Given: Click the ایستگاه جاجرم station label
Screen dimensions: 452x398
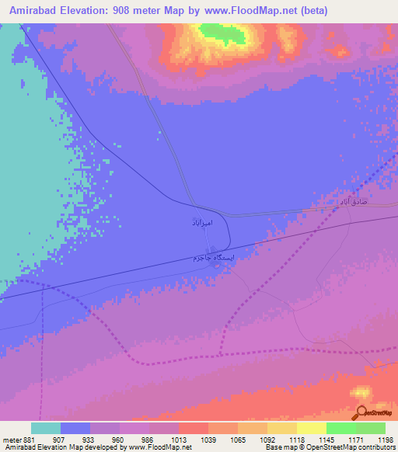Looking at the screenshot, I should [x=209, y=256].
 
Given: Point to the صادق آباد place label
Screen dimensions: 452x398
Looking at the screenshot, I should [x=351, y=201].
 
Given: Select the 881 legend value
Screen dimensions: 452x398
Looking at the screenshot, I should [x=28, y=439].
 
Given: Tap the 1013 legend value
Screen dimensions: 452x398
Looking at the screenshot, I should [x=180, y=439].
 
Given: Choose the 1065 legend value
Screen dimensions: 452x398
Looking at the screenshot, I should [x=239, y=439].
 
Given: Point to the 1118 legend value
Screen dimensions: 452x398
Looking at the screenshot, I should [x=298, y=439].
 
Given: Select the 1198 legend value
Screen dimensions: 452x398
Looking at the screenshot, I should [x=386, y=439].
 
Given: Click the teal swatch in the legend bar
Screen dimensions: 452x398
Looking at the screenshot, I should [x=46, y=428].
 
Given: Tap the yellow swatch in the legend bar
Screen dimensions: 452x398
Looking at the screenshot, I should [x=312, y=428].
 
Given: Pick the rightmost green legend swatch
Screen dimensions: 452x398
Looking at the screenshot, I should [x=371, y=428].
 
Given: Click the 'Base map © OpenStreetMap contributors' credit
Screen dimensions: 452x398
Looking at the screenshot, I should [x=329, y=447].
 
